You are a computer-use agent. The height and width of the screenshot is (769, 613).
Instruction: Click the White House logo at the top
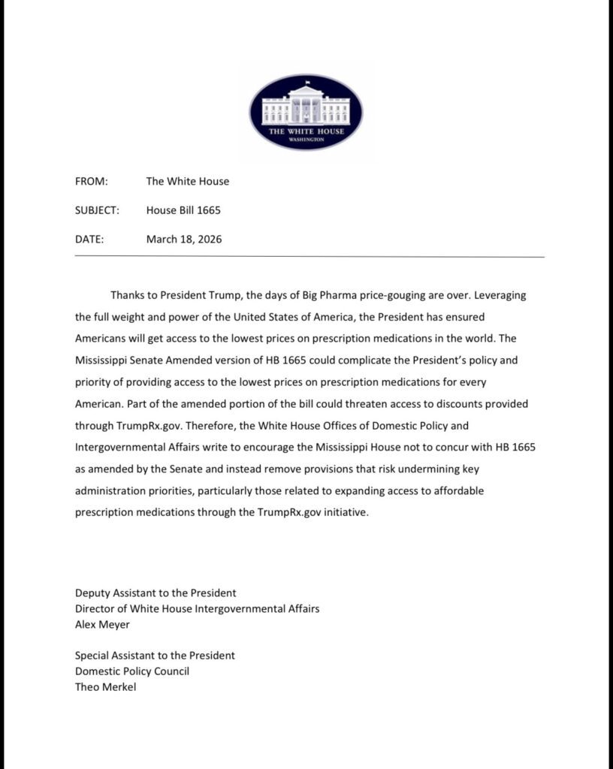(x=306, y=112)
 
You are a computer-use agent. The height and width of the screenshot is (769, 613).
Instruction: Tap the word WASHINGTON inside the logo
(x=306, y=140)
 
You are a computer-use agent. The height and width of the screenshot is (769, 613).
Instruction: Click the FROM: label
(x=92, y=181)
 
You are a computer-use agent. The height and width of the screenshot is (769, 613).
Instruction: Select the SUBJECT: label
(x=97, y=210)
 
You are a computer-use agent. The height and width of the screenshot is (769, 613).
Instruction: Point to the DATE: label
(x=89, y=240)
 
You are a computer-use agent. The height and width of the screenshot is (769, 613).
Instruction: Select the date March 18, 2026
(x=184, y=240)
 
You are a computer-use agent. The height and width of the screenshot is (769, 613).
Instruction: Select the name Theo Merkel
(x=106, y=686)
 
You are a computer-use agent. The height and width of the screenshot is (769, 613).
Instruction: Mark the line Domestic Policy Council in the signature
(x=132, y=671)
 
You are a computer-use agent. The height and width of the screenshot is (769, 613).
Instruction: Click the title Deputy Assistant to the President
(x=156, y=593)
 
